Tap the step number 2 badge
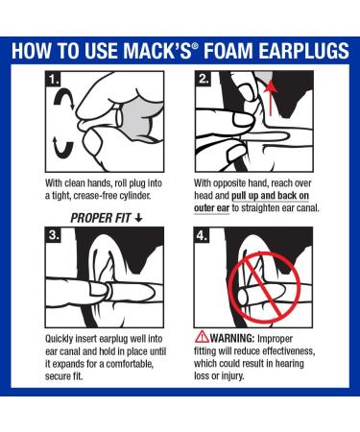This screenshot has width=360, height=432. pos(205,80)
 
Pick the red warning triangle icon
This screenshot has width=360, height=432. pos(201,337)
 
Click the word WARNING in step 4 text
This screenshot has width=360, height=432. pos(235,338)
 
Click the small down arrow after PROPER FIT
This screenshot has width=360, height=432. pos(138,218)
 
